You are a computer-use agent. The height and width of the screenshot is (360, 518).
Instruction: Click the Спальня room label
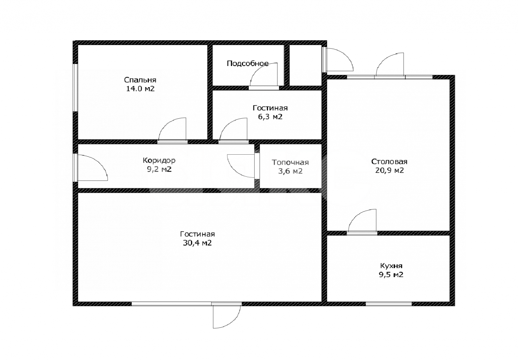pos(140,80)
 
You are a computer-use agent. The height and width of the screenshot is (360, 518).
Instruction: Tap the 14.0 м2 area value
pos(140,89)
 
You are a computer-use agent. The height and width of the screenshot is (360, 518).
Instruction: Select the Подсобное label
pos(248,63)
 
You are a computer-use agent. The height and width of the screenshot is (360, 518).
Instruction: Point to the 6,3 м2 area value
pos(270,117)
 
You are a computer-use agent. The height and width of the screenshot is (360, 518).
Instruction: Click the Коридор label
pos(159,160)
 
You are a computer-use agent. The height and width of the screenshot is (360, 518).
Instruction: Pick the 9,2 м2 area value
pos(159,169)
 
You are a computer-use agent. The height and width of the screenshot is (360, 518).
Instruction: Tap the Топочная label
pos(290,162)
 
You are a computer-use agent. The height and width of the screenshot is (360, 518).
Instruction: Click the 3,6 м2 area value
pos(290,171)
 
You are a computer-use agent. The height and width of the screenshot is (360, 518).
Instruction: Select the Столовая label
pos(389,161)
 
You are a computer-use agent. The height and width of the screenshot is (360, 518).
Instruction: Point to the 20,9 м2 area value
pos(389,170)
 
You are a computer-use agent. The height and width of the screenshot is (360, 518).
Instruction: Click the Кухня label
pos(391,266)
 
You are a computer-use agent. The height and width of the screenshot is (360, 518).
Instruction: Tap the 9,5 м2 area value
pos(391,275)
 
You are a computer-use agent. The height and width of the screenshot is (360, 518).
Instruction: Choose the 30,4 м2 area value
pos(197,243)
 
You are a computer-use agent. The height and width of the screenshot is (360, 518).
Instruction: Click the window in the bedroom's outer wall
pos(75,87)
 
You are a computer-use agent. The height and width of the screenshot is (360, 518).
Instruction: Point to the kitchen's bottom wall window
pos(389,304)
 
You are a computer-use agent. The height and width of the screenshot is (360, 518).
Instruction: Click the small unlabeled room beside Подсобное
pos(305,65)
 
